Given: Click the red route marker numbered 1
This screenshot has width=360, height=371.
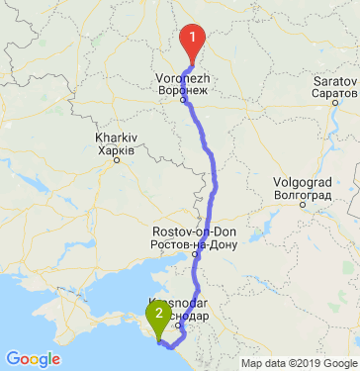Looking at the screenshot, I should click(193, 38).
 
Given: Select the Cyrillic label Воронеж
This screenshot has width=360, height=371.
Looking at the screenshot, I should click(181, 89).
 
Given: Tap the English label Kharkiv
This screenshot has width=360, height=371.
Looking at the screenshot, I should click(116, 138).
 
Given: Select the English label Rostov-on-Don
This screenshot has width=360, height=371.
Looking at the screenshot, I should click(187, 232).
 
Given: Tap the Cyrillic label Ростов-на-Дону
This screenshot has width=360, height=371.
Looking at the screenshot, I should click(187, 243).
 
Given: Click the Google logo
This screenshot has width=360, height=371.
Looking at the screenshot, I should click(33, 359).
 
